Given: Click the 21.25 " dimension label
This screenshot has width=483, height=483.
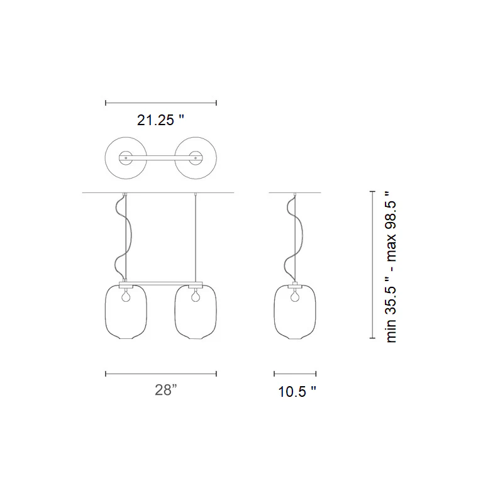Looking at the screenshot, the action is pos(160,120).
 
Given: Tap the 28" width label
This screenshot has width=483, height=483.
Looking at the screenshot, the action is pos(166,390).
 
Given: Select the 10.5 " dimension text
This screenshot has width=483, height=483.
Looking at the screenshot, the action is pos(297,392).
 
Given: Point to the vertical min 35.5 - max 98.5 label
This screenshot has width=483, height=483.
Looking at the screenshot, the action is pos(391,267).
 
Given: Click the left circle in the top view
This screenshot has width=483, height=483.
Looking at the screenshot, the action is pos(106,158).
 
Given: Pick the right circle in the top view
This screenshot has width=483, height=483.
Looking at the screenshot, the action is pos(216,158).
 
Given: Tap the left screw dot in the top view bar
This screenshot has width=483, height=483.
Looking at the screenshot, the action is pos(126,158).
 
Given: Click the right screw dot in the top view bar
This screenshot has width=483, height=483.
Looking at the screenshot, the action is pos(196,158).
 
